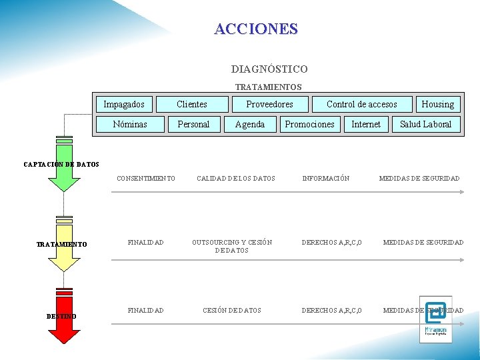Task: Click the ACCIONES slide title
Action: (x=256, y=29)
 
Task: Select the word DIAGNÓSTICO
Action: (x=269, y=69)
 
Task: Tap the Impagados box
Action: (x=124, y=104)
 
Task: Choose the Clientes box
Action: (x=192, y=104)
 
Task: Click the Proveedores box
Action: (x=269, y=104)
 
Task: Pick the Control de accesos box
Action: (x=361, y=104)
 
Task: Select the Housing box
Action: (x=437, y=104)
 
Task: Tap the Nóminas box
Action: (x=130, y=124)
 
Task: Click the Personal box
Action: (x=193, y=124)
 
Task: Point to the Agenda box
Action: (x=250, y=124)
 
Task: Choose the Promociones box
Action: (x=309, y=124)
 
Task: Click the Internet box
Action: (x=366, y=124)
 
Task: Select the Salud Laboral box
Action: (x=425, y=124)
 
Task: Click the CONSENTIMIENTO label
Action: (x=146, y=179)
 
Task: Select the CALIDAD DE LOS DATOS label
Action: (x=235, y=179)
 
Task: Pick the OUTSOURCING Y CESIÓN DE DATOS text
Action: (x=232, y=246)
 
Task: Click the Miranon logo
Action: (x=435, y=319)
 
